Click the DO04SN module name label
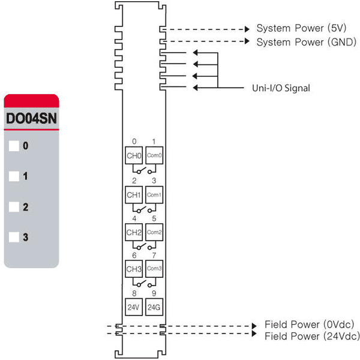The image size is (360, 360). pyautogui.click(x=31, y=118)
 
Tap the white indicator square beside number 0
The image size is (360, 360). pyautogui.click(x=14, y=146)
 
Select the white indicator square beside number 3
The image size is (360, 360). pyautogui.click(x=14, y=237)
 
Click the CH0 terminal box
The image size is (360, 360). pyautogui.click(x=134, y=155)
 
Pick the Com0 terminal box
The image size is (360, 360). pyautogui.click(x=154, y=155)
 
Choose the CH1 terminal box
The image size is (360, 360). pyautogui.click(x=134, y=195)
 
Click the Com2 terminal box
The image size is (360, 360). pyautogui.click(x=154, y=232)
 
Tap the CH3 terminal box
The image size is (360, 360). pyautogui.click(x=134, y=269)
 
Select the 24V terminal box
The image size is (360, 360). pyautogui.click(x=134, y=307)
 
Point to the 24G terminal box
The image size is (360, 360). pyautogui.click(x=154, y=307)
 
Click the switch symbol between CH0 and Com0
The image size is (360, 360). pyautogui.click(x=144, y=170)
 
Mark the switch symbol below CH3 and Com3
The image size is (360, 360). pyautogui.click(x=144, y=283)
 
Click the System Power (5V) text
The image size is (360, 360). pyautogui.click(x=301, y=28)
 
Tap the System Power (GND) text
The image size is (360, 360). pyautogui.click(x=307, y=42)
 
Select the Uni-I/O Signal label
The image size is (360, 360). pyautogui.click(x=281, y=88)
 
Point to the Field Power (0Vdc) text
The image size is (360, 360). pyautogui.click(x=309, y=325)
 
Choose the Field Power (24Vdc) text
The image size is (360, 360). pyautogui.click(x=312, y=337)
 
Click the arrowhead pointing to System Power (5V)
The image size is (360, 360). pyautogui.click(x=247, y=29)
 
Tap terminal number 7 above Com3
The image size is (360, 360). pyautogui.click(x=154, y=256)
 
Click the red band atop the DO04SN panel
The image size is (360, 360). pyautogui.click(x=31, y=101)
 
